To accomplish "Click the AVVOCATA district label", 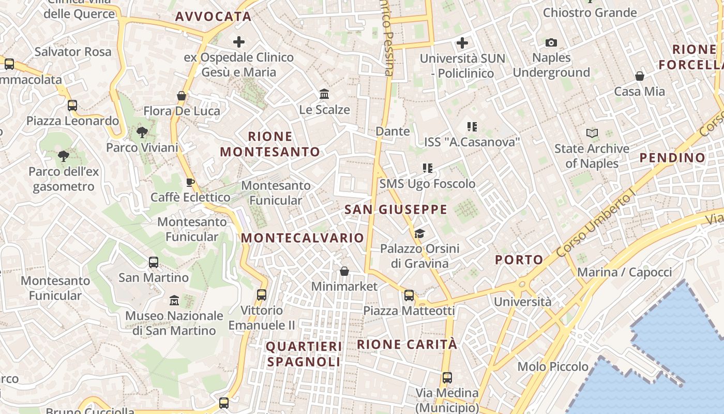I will (213, 17).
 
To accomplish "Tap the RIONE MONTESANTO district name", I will (270, 144).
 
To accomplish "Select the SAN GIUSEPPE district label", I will (396, 210).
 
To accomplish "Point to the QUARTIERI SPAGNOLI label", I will (304, 354).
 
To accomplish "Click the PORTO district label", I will (519, 260).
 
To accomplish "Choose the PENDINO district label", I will (672, 158).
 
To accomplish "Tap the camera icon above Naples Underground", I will (551, 43).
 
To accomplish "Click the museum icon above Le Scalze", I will (325, 94).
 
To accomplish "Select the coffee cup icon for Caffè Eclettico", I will (190, 182).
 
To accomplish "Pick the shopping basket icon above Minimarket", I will (344, 271).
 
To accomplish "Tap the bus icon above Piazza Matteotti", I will (409, 295).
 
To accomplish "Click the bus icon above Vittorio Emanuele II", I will (262, 295).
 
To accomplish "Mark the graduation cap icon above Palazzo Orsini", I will (419, 234).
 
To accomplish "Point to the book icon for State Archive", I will (592, 134).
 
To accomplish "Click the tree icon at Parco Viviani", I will (142, 132).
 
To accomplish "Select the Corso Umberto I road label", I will (596, 225).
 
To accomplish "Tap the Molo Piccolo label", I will (553, 367).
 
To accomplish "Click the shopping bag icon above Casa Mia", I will (640, 77).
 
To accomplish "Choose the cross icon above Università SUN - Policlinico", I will (462, 43).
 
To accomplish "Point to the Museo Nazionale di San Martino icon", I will (174, 300).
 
